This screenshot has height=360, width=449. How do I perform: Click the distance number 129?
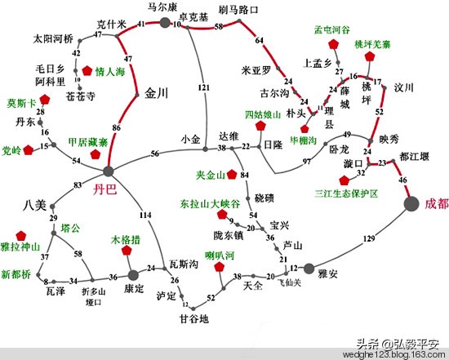(x=370, y=238)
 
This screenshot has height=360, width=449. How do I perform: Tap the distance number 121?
(x=204, y=87)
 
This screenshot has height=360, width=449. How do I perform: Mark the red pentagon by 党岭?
(x=30, y=149)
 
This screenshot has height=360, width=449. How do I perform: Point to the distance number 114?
(x=145, y=215)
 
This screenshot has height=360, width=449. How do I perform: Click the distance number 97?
(x=308, y=162)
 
